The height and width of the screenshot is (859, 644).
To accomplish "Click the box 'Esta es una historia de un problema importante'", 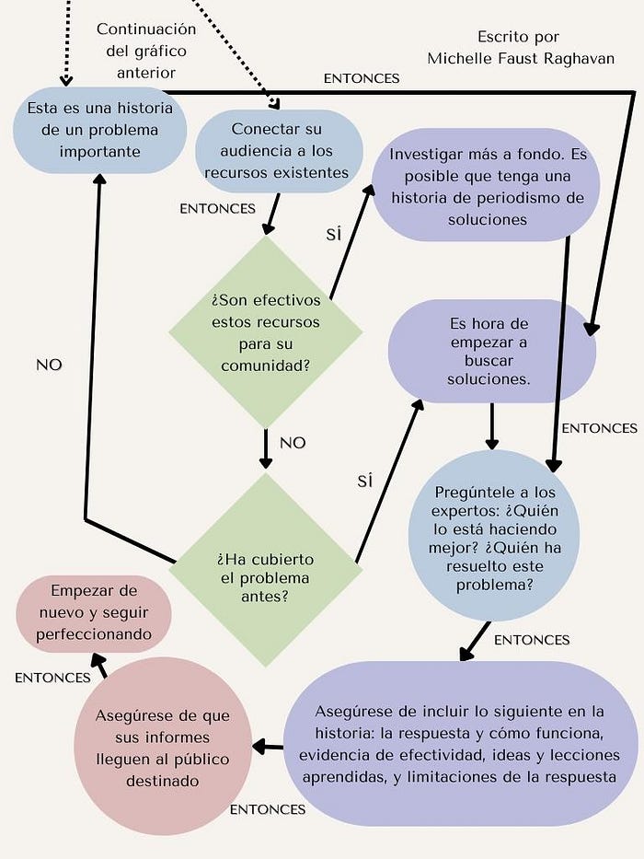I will (x=95, y=130).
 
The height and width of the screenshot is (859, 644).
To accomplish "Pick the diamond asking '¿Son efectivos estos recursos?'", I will (x=266, y=331).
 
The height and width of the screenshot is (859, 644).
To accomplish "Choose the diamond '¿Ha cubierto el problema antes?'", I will (x=266, y=569).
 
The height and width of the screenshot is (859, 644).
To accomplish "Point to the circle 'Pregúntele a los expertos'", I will (x=495, y=535).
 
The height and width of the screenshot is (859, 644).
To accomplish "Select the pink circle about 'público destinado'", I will (x=162, y=748).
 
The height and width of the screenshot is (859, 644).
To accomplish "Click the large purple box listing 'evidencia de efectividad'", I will (x=463, y=743).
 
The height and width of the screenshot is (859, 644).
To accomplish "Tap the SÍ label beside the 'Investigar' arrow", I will (x=333, y=234).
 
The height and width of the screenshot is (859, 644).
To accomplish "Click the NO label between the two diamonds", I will (x=293, y=443).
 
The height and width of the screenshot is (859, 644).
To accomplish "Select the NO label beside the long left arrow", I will (x=49, y=365).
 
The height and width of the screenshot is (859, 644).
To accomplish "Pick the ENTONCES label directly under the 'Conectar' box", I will (x=217, y=208).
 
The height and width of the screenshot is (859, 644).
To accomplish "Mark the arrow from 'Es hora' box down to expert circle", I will (x=492, y=426).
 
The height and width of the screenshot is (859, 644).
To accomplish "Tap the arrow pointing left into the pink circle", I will (x=268, y=746).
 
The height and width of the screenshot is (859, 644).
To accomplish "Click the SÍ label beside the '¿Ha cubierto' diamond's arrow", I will (x=364, y=481).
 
